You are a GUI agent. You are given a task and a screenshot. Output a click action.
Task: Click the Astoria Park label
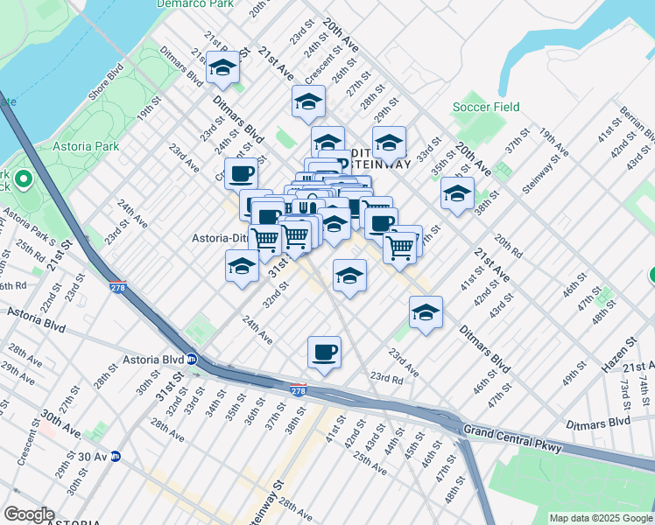[85, 145]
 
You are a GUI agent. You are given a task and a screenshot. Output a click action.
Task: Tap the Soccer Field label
[486, 108]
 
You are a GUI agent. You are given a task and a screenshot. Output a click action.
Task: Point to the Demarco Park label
[194, 3]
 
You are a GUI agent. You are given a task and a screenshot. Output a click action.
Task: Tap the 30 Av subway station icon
[115, 456]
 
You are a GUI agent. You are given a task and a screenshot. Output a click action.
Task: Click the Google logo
[30, 514]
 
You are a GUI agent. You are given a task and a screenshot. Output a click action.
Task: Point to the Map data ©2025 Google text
[601, 517]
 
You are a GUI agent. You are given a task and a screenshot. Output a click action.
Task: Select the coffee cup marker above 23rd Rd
[324, 353]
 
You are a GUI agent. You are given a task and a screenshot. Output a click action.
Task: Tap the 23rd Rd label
[386, 378]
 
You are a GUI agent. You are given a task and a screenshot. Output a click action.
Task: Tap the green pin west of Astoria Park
[24, 182]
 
